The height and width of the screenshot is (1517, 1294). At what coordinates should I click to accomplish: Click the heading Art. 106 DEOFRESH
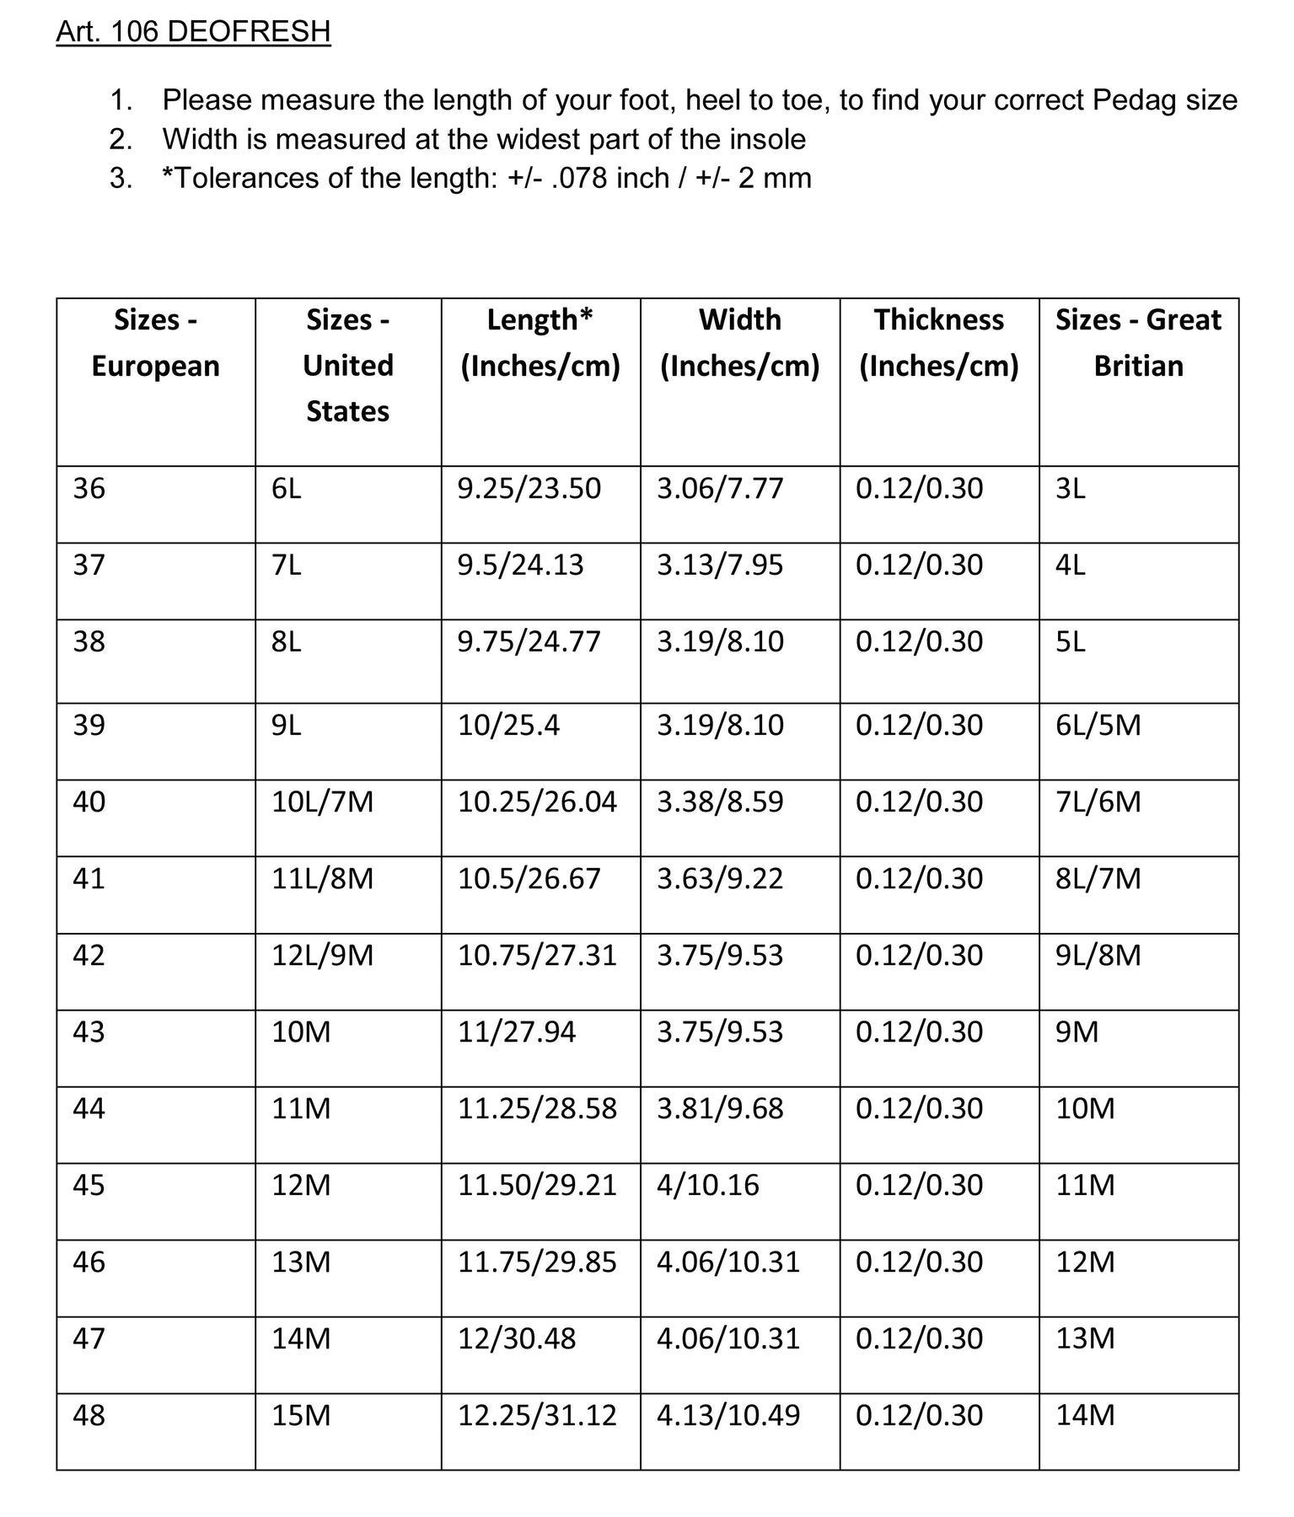[193, 32]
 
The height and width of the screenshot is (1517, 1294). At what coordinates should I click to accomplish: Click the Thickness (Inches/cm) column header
[938, 343]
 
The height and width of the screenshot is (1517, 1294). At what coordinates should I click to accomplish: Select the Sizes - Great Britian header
[1138, 343]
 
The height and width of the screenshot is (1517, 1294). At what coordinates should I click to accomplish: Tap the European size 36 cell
[89, 489]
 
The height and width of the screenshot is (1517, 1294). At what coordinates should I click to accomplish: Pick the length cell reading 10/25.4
[508, 726]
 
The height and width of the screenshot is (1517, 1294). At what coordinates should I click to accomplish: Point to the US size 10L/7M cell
[322, 801]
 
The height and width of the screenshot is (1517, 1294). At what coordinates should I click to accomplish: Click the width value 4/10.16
[707, 1186]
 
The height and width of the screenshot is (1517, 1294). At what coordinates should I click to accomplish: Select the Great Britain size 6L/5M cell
[1098, 726]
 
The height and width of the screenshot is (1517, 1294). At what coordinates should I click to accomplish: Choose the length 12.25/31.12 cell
[537, 1415]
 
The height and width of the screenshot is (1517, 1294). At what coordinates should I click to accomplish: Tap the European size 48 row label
[89, 1415]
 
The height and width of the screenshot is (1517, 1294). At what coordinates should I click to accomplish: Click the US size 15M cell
[301, 1415]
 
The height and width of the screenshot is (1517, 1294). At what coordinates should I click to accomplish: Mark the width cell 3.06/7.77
[720, 489]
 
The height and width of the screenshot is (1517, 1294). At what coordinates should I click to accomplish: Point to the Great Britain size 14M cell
[1085, 1415]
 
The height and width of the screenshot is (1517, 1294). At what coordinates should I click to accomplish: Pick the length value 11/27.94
[517, 1032]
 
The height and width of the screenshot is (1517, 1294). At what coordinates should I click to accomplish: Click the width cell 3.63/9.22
[720, 879]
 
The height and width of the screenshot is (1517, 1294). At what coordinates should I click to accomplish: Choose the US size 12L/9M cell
[322, 956]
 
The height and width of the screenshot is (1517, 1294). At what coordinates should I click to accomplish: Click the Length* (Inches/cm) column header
[540, 343]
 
